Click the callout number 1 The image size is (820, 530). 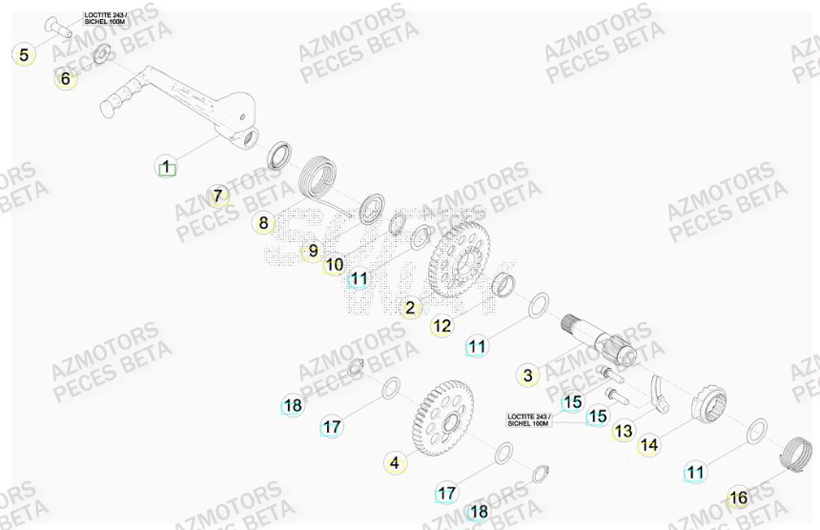tap(166, 169)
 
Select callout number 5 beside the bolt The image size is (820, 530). tap(24, 54)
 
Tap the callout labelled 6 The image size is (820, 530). tap(65, 79)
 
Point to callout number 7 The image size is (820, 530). tap(218, 197)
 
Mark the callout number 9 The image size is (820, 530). tap(311, 253)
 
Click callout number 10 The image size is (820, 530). tap(334, 264)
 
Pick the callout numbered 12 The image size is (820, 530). tap(441, 326)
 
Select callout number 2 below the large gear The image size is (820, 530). tap(411, 308)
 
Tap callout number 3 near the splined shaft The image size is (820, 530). tap(527, 375)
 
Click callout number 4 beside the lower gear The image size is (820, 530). tap(392, 463)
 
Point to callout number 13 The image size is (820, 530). tap(623, 432)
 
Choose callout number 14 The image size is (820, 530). tap(648, 444)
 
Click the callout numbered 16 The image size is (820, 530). tap(737, 498)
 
